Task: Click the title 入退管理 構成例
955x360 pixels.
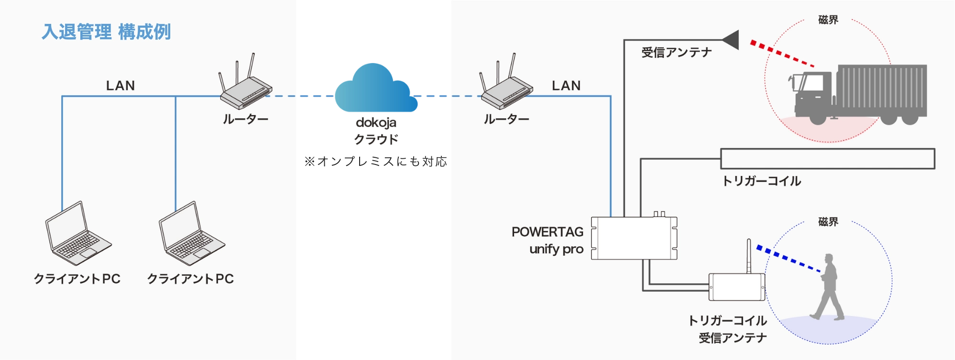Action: pyautogui.click(x=106, y=32)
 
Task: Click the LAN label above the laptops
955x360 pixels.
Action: pyautogui.click(x=121, y=86)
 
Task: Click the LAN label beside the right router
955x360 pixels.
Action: pyautogui.click(x=566, y=86)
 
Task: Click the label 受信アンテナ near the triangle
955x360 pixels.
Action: pyautogui.click(x=676, y=53)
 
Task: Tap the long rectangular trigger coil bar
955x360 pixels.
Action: pyautogui.click(x=827, y=159)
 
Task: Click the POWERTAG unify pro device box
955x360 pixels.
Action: pyautogui.click(x=634, y=238)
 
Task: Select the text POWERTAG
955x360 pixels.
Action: pyautogui.click(x=548, y=232)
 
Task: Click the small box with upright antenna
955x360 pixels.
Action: pyautogui.click(x=736, y=287)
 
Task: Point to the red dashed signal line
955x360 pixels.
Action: pyautogui.click(x=782, y=53)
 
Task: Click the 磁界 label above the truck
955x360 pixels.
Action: pyautogui.click(x=828, y=20)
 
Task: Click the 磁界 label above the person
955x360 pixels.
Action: pyautogui.click(x=828, y=222)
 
